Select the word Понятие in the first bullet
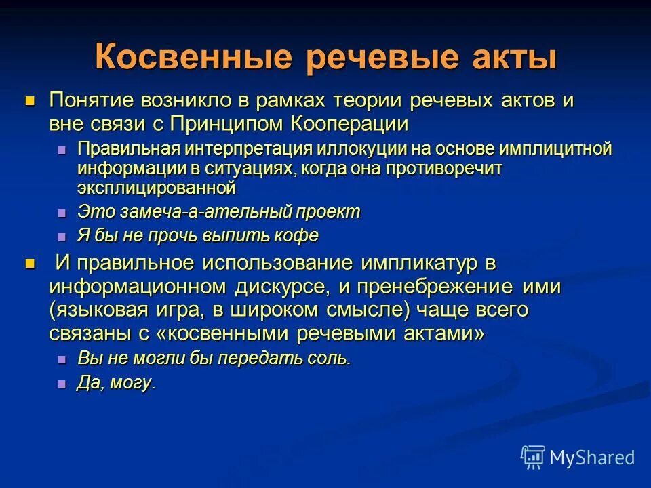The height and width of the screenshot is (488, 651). (x=91, y=101)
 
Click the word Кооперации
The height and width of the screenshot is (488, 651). (x=350, y=123)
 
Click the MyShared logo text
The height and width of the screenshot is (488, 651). (x=591, y=457)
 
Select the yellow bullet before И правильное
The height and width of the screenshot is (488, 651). (x=29, y=263)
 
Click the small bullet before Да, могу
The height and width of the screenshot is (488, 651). (x=62, y=384)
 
